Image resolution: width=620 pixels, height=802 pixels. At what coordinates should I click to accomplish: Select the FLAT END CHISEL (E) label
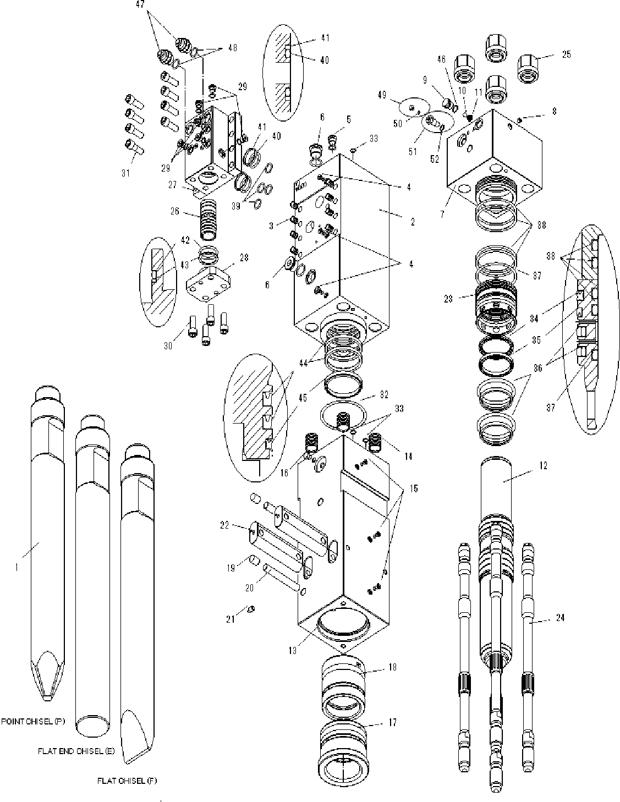tap(75, 751)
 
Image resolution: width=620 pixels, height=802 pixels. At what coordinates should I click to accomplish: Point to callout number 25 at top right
tap(566, 54)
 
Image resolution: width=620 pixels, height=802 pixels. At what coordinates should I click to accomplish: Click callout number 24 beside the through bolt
tap(560, 618)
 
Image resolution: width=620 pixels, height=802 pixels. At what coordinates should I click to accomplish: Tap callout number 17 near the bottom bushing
tap(392, 723)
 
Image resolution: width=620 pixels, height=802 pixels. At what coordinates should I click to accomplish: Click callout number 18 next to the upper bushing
tap(392, 667)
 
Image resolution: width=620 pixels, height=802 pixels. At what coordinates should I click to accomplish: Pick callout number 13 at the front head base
tap(292, 650)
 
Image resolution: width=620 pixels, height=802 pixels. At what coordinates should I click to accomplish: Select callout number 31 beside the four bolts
tap(126, 173)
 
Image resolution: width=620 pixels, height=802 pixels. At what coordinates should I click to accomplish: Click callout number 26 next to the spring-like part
tap(175, 211)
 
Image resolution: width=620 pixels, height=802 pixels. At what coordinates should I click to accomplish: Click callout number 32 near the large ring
tap(383, 394)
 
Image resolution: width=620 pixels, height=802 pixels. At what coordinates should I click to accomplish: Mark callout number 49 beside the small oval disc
tap(382, 95)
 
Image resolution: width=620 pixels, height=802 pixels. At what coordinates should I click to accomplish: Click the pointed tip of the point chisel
tap(48, 699)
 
